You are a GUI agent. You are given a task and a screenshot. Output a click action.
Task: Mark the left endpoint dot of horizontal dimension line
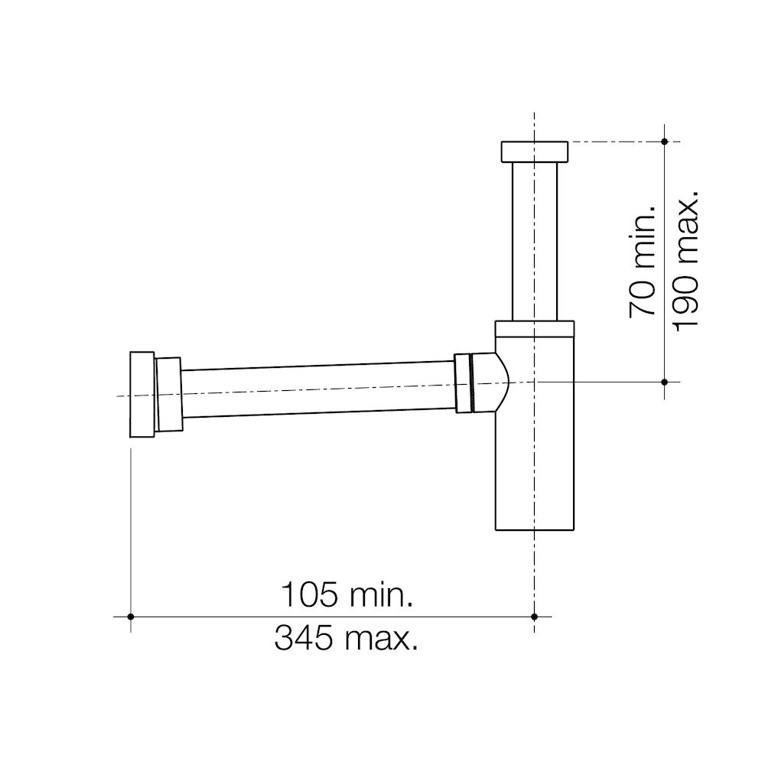click(x=132, y=616)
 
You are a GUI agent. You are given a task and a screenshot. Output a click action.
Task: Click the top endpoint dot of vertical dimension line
click(x=664, y=142)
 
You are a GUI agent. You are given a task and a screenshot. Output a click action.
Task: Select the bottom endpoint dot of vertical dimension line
click(x=664, y=381)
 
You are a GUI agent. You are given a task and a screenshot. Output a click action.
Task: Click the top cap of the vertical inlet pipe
click(x=534, y=151)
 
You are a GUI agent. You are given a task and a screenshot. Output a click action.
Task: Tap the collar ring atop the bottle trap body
click(x=534, y=328)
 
